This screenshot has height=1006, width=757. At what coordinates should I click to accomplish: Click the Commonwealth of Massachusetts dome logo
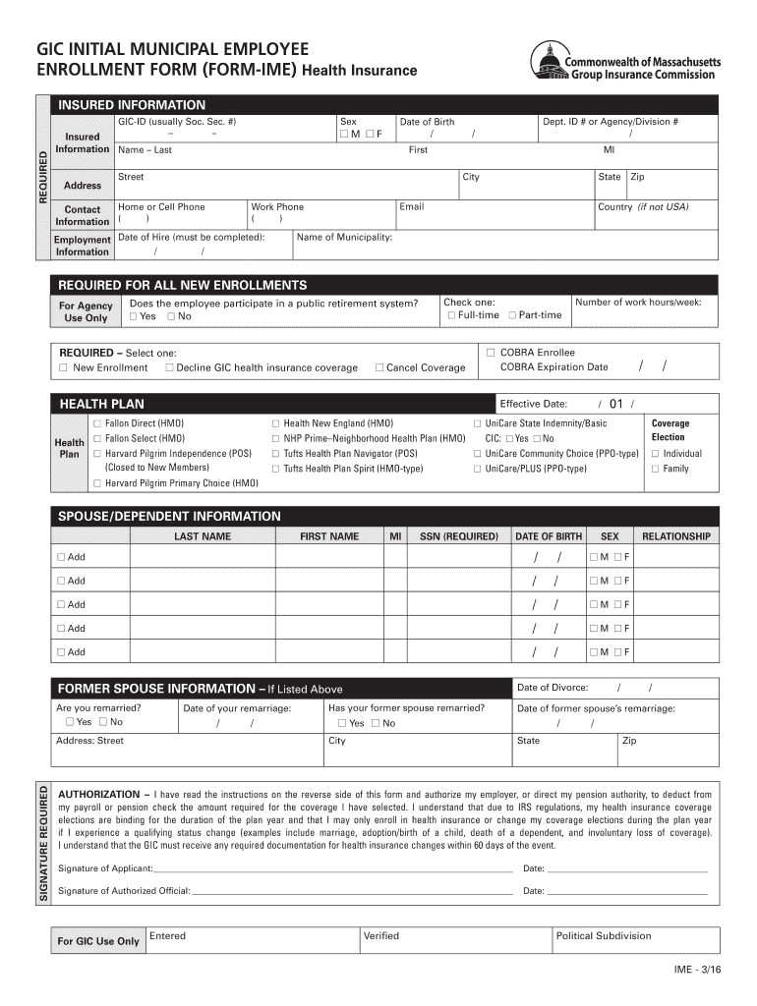(x=547, y=63)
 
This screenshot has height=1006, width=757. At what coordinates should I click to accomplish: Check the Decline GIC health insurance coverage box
(x=169, y=368)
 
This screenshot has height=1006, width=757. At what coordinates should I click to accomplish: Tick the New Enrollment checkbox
(x=63, y=368)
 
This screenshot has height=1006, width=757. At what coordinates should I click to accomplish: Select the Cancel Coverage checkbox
(x=379, y=368)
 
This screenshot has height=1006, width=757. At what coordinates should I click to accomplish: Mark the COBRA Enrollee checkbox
(x=491, y=352)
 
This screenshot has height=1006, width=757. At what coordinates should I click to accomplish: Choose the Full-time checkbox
(x=451, y=315)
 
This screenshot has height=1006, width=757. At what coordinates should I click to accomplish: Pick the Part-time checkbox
(x=511, y=315)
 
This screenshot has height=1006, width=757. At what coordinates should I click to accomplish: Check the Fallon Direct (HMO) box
(x=97, y=423)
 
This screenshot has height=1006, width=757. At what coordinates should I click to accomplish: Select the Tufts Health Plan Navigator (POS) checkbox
(x=276, y=454)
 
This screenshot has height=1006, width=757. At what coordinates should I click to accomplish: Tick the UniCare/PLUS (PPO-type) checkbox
(x=478, y=470)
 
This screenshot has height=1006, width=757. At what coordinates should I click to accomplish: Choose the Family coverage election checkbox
(x=656, y=470)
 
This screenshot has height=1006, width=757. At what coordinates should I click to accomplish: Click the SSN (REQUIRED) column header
(x=458, y=536)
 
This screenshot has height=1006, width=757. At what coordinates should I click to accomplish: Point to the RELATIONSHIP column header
(x=675, y=536)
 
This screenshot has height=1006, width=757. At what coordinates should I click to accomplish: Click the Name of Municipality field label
(x=344, y=238)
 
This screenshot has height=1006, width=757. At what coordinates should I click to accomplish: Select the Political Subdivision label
(x=603, y=936)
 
